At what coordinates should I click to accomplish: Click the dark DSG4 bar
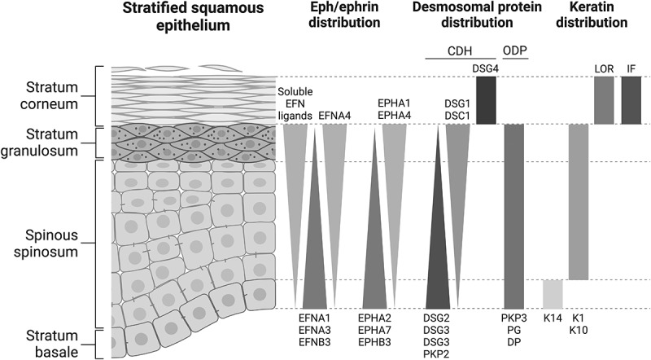(486, 100)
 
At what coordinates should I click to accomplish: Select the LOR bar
(604, 100)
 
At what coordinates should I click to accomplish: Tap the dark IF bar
(631, 100)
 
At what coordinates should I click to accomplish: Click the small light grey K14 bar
(553, 293)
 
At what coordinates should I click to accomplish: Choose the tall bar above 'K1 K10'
(578, 202)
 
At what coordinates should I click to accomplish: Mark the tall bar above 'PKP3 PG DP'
(514, 216)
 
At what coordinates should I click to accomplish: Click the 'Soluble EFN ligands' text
(295, 103)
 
